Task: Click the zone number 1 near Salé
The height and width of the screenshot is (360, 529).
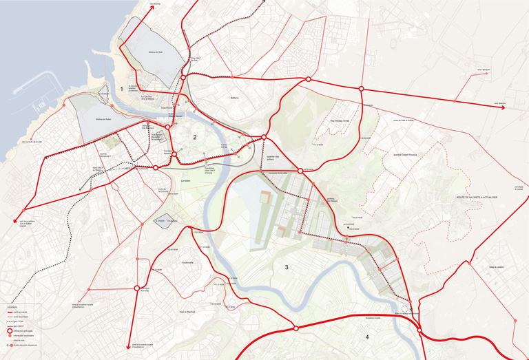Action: (x=121, y=89)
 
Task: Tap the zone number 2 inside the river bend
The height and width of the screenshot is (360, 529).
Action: (x=195, y=138)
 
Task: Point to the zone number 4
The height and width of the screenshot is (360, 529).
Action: (x=367, y=337)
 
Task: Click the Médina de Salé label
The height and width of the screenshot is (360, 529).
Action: (x=155, y=52)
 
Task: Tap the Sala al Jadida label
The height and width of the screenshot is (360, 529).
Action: (x=497, y=266)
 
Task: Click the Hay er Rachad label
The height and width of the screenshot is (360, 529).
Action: (x=189, y=312)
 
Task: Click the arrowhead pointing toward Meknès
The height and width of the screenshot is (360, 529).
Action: (x=504, y=107)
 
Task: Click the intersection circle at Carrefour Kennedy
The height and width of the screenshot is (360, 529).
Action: (x=137, y=288)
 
